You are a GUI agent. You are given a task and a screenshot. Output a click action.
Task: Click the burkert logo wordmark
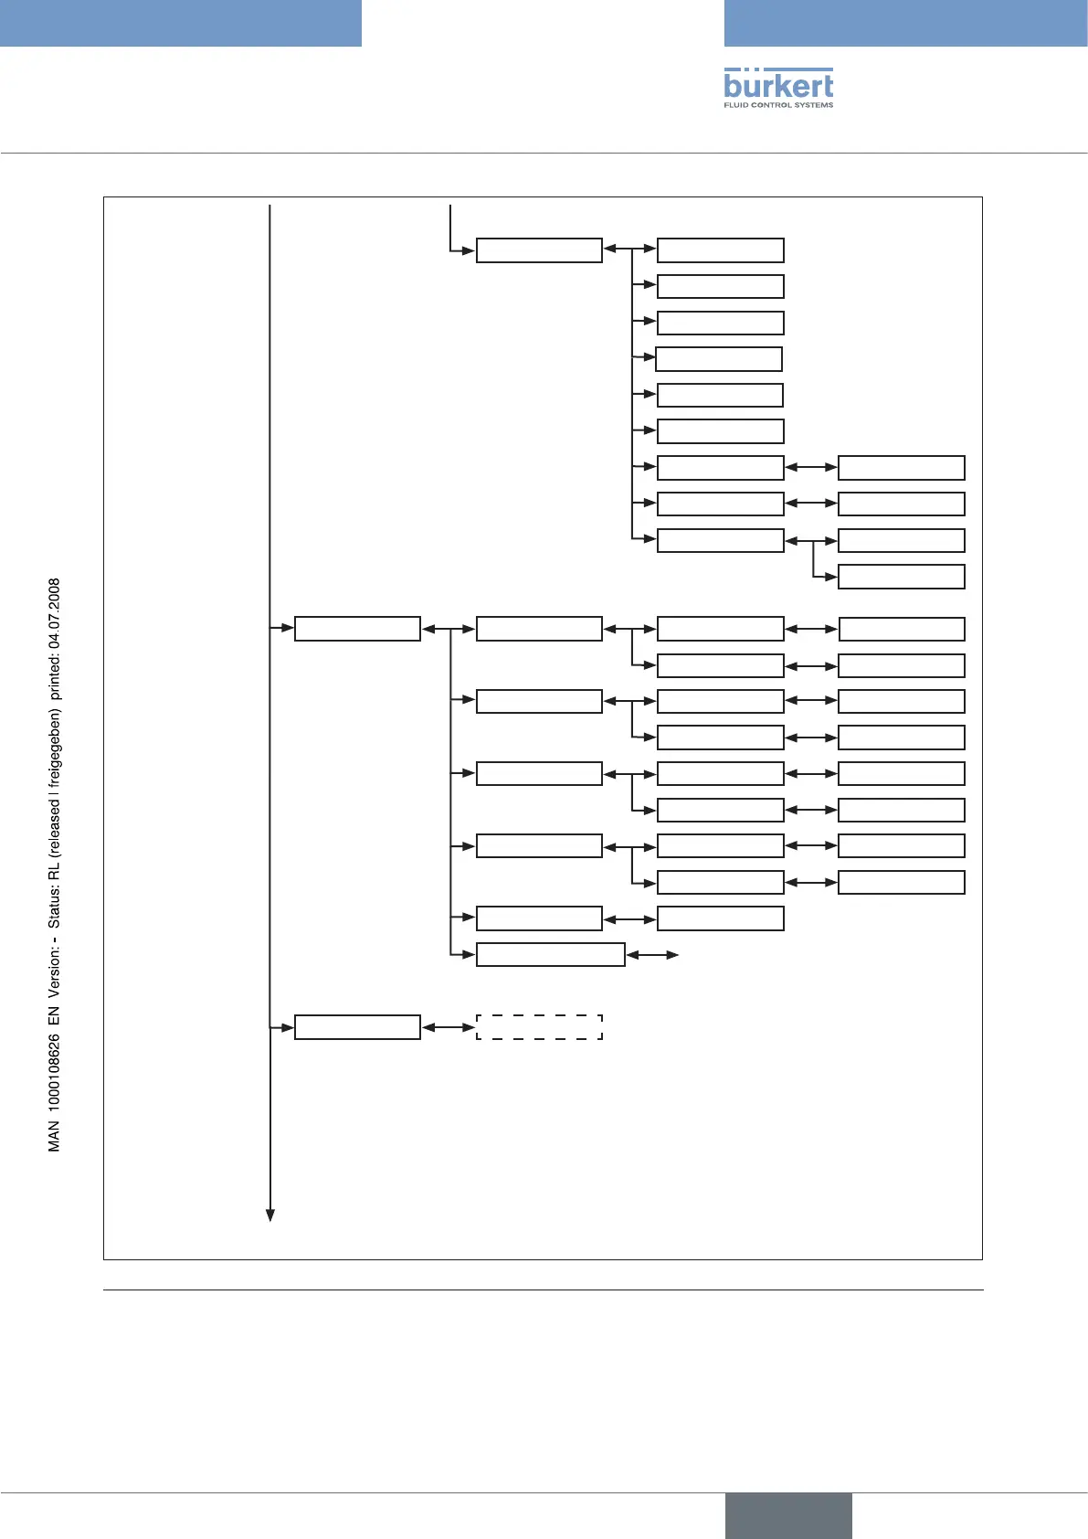point(778,85)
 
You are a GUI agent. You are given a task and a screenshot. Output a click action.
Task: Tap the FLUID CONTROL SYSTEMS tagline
point(778,105)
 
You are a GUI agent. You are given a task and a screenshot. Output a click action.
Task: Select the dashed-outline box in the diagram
point(539,1026)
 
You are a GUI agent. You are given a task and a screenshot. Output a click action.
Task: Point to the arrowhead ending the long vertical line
point(270,1214)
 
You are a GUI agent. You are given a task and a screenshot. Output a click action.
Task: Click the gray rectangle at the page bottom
point(788,1515)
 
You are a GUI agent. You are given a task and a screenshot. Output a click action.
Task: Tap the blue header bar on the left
point(181,23)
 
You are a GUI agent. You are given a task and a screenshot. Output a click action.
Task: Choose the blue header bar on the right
point(905,23)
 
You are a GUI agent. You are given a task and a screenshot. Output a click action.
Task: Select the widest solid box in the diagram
point(550,955)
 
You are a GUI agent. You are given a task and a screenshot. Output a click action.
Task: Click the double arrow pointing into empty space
point(652,955)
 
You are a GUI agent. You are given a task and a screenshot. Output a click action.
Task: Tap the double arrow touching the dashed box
point(449,1027)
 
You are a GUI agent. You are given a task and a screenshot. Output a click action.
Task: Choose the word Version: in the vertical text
point(55,969)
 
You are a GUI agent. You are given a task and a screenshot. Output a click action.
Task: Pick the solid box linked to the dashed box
point(357,1027)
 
